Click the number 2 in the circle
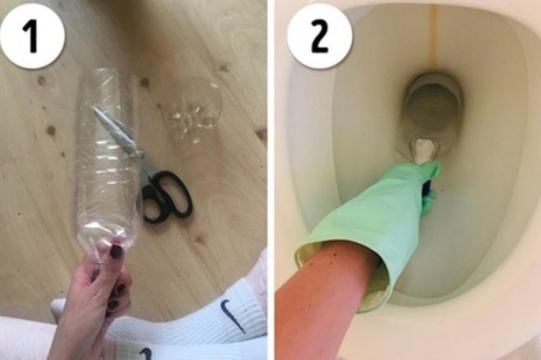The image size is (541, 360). (319, 36)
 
